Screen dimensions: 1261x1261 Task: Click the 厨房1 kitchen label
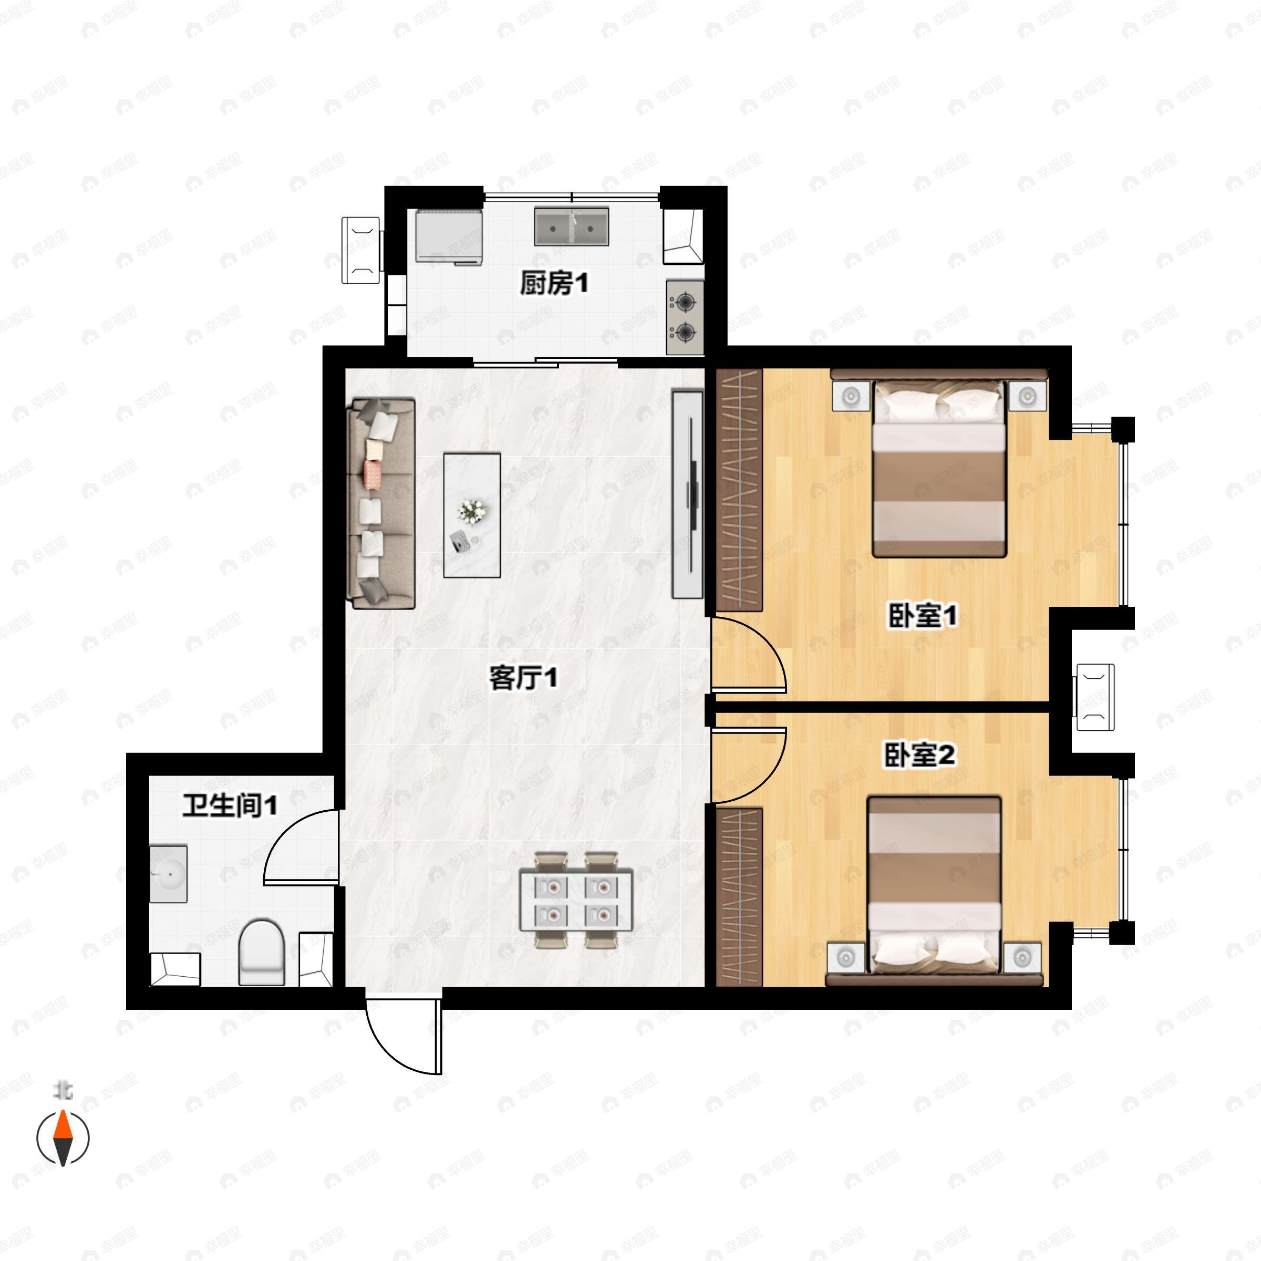click(553, 284)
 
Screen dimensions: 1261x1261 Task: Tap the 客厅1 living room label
click(523, 679)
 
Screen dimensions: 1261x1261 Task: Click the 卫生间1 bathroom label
click(230, 805)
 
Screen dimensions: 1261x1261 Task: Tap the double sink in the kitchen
click(572, 226)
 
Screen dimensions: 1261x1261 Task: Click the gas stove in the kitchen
click(685, 318)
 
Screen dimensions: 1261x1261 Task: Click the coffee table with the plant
click(472, 515)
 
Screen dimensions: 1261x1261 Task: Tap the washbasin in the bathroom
click(168, 874)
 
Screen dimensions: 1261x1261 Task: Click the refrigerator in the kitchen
click(450, 236)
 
